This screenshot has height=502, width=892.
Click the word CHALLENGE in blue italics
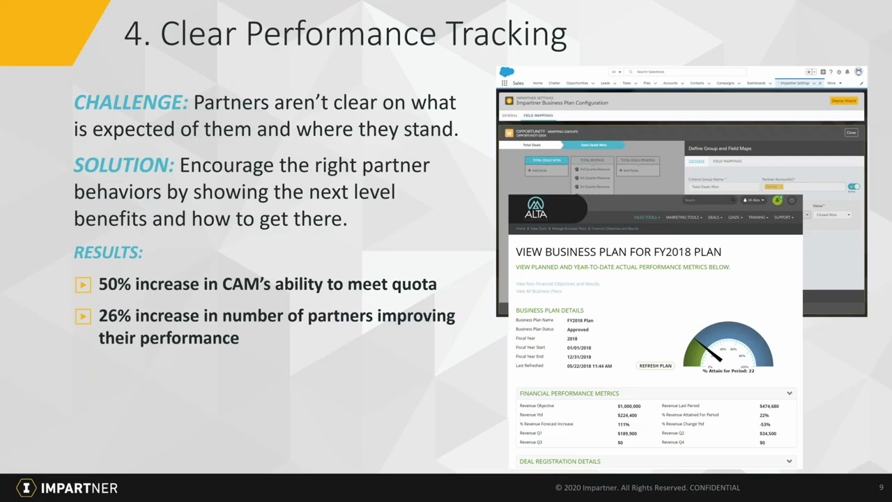130,102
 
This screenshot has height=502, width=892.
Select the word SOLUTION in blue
123,165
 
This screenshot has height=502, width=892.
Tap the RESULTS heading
108,252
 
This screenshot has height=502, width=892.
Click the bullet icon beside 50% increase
83,284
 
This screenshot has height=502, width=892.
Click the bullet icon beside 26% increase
83,317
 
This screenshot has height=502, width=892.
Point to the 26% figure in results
114,316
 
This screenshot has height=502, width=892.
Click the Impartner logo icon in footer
26,488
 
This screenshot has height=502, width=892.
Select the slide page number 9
881,487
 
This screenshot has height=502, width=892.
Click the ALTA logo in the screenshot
536,208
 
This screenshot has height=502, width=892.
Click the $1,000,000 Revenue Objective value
629,406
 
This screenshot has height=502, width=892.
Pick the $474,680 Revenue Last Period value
769,406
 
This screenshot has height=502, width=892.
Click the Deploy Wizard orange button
844,101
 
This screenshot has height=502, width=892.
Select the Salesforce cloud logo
507,72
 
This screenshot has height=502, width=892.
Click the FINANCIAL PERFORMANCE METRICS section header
569,393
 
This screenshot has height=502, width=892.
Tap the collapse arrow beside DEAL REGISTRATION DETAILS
789,461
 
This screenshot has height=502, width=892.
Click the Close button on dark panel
851,132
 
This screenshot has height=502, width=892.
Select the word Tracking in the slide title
505,33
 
